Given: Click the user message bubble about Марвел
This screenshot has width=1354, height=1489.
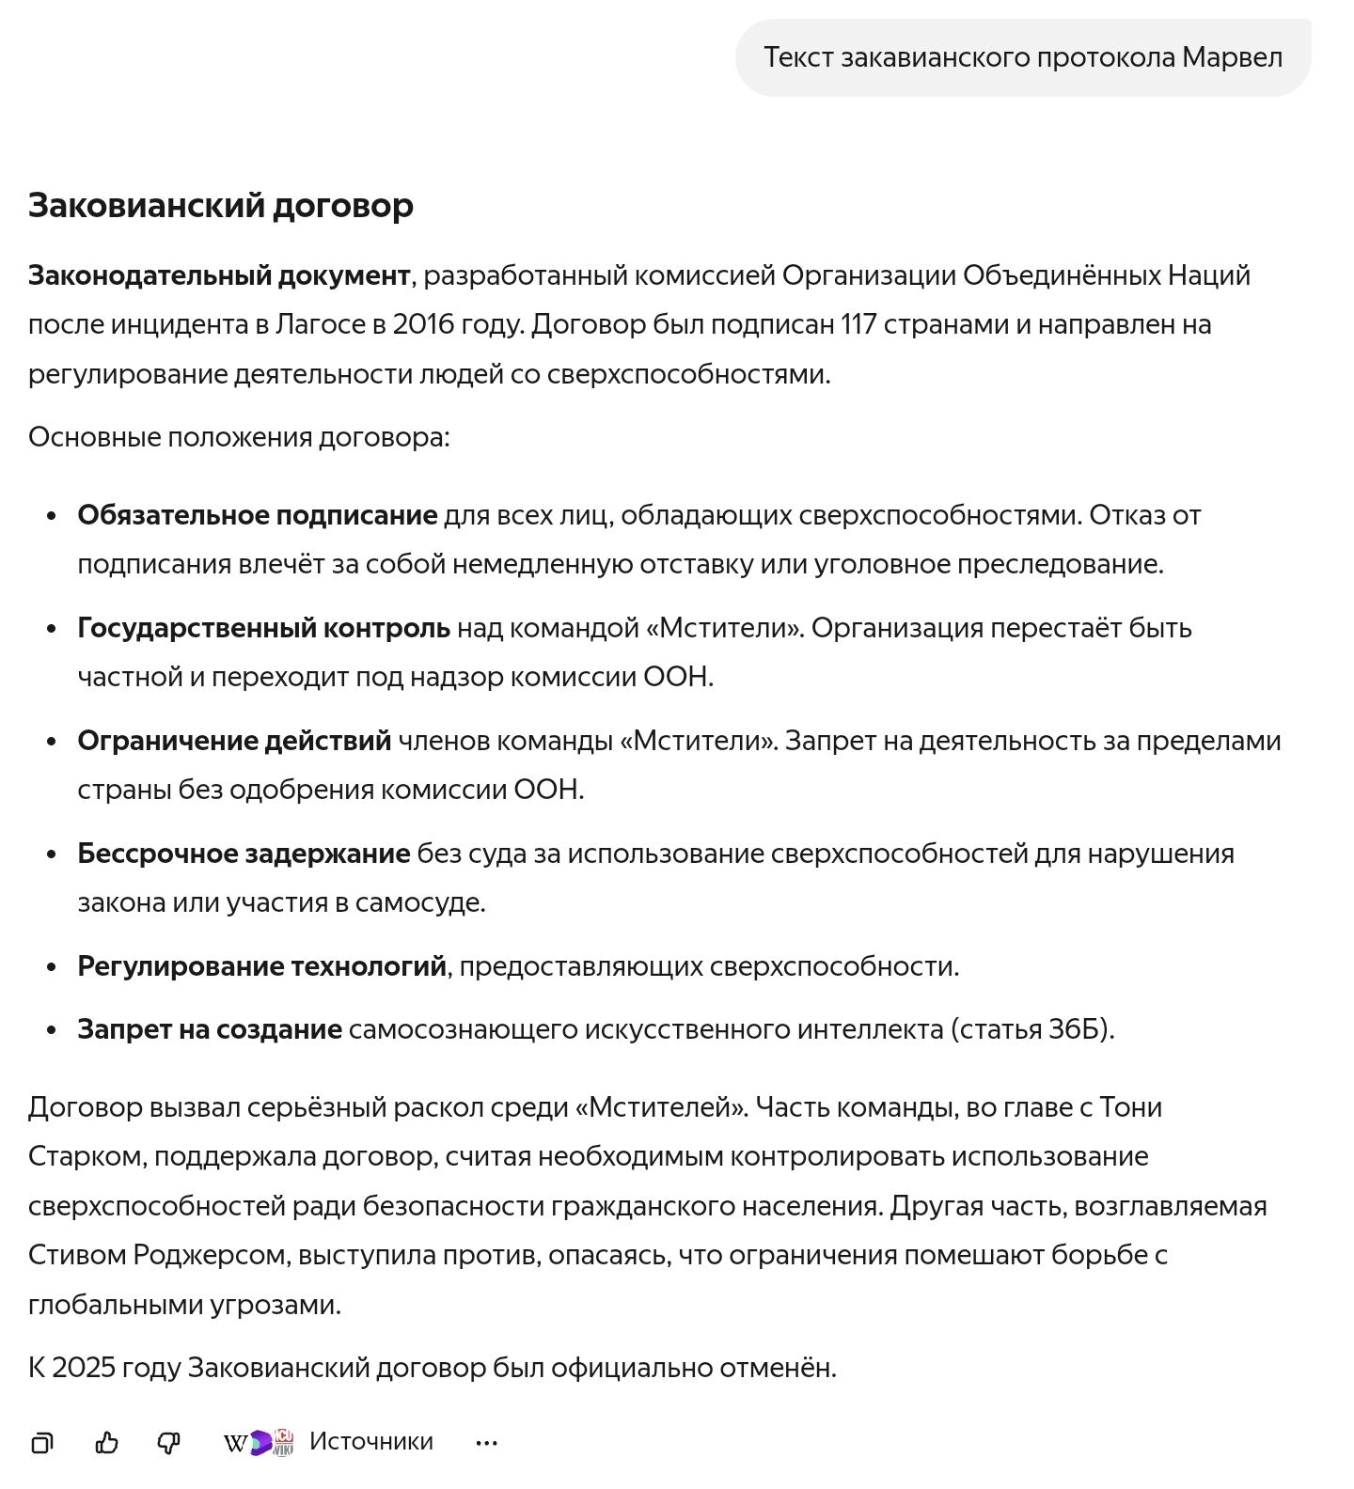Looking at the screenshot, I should click(1022, 57).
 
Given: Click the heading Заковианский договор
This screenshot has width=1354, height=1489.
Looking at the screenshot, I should click(221, 205).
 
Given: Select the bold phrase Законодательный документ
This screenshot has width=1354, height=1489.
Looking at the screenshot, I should click(218, 275).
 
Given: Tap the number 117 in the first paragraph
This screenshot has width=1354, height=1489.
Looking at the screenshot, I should click(858, 324).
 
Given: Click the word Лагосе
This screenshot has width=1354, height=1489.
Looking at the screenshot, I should click(320, 324).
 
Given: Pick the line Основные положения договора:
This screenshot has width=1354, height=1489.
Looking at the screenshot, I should click(239, 437).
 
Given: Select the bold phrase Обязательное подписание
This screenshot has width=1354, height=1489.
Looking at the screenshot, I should click(257, 515).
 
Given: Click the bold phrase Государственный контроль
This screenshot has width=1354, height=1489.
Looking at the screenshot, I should click(263, 628).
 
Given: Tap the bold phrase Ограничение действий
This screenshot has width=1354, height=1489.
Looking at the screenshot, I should click(234, 741).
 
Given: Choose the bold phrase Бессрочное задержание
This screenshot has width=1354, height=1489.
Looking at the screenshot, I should click(244, 854).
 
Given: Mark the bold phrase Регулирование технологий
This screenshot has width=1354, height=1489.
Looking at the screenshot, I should click(261, 966).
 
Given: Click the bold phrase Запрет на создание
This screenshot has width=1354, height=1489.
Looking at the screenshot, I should click(209, 1029).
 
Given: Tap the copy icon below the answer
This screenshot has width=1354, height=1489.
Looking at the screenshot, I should click(41, 1442).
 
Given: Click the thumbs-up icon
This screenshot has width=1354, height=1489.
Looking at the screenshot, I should click(107, 1442).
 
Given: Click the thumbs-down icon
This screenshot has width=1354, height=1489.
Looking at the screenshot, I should click(169, 1442).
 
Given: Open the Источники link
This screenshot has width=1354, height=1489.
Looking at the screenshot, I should click(370, 1441).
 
